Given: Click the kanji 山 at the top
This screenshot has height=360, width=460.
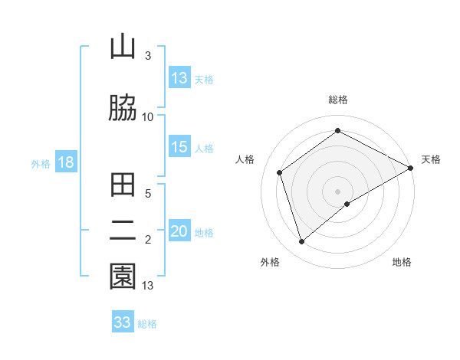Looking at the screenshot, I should tap(123, 47).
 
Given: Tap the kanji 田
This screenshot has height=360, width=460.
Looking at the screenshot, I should tap(123, 186).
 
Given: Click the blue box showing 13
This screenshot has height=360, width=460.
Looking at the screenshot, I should tap(179, 78).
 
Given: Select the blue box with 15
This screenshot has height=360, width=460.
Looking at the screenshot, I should tap(179, 148).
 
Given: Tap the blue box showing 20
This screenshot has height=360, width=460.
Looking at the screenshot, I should tap(179, 232).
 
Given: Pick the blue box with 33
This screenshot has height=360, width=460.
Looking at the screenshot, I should tap(123, 322).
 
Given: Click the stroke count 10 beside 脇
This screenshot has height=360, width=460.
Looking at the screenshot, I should tap(148, 116).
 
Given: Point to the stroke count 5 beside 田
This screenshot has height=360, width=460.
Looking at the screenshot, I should tap(148, 195).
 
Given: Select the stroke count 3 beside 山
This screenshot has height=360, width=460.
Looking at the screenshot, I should tap(148, 56).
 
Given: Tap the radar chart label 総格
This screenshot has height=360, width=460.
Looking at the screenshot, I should tap(338, 100).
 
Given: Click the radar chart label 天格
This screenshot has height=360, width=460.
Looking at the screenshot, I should tap(431, 159).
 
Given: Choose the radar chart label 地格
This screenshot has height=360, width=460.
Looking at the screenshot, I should tap(402, 262).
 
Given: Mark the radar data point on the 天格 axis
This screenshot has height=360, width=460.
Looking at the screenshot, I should tap(412, 167).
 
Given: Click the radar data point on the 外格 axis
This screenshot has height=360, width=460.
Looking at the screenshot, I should tap(302, 242).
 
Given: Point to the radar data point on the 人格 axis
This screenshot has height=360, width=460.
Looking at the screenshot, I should tap(280, 172).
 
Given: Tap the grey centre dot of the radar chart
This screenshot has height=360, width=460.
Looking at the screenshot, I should tap(338, 191).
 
